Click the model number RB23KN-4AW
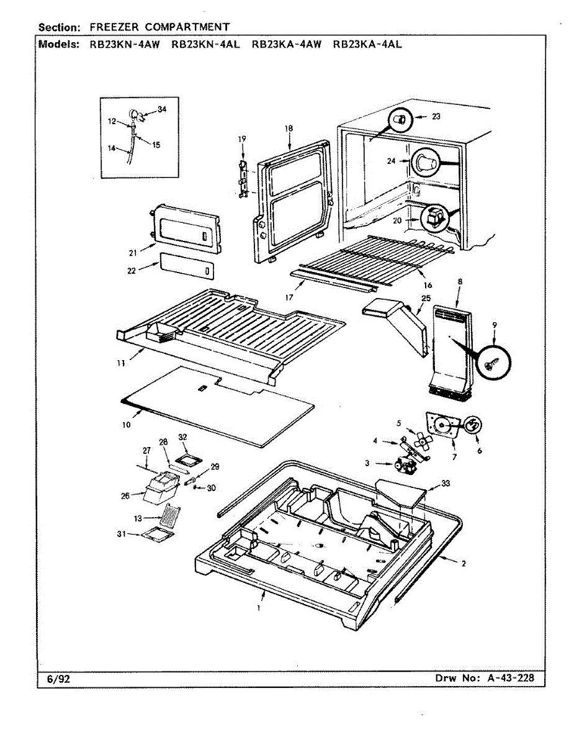[125, 45]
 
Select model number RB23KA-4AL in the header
[367, 45]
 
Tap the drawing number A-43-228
[511, 678]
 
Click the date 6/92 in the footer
[58, 679]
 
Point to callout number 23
[436, 117]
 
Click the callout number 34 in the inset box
[162, 109]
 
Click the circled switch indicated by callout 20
[434, 219]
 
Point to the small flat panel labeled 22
[187, 266]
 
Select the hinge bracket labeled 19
[243, 179]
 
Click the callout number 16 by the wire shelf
[428, 285]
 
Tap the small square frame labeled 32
[189, 461]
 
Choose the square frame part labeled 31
[158, 536]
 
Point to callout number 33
[446, 482]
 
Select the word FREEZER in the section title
[114, 27]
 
